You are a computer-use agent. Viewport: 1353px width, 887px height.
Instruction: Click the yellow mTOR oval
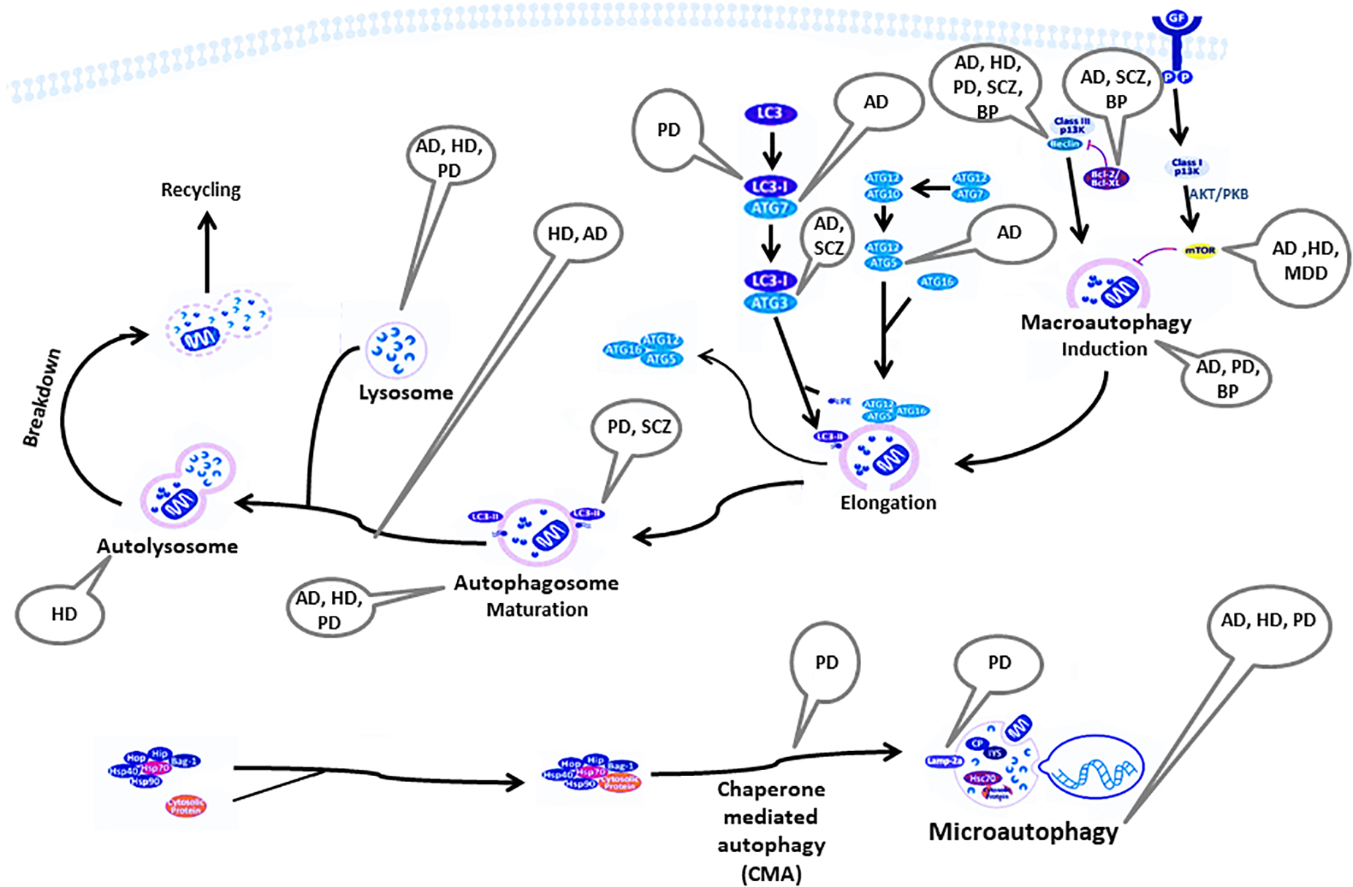(x=1199, y=251)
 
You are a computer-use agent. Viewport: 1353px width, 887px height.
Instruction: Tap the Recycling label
(x=201, y=190)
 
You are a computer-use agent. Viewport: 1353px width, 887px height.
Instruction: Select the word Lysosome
(x=406, y=393)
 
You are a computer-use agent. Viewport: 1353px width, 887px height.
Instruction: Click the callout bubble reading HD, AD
(x=577, y=234)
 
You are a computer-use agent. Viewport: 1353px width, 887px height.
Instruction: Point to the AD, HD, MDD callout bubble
(x=1305, y=260)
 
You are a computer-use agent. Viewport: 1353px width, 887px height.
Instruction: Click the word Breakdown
(x=42, y=398)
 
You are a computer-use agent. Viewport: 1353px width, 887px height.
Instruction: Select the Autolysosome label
(x=167, y=547)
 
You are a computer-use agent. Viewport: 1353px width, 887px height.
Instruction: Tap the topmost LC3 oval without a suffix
(x=770, y=113)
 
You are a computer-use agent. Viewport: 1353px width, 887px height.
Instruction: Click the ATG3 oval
(x=770, y=302)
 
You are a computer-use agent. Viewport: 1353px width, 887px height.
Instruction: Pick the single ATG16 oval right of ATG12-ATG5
(x=937, y=281)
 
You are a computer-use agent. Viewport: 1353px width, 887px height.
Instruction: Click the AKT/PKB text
(x=1219, y=194)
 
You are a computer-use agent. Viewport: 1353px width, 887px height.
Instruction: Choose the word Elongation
(x=887, y=503)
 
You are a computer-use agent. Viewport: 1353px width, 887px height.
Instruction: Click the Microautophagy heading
(x=1023, y=831)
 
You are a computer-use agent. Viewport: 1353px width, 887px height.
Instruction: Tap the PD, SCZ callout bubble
(x=638, y=427)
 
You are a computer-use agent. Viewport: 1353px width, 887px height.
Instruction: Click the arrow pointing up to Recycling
(x=208, y=252)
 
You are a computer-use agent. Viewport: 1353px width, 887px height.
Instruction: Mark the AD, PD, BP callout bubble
(x=1227, y=378)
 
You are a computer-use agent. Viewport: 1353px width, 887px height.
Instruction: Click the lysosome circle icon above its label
(x=395, y=349)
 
